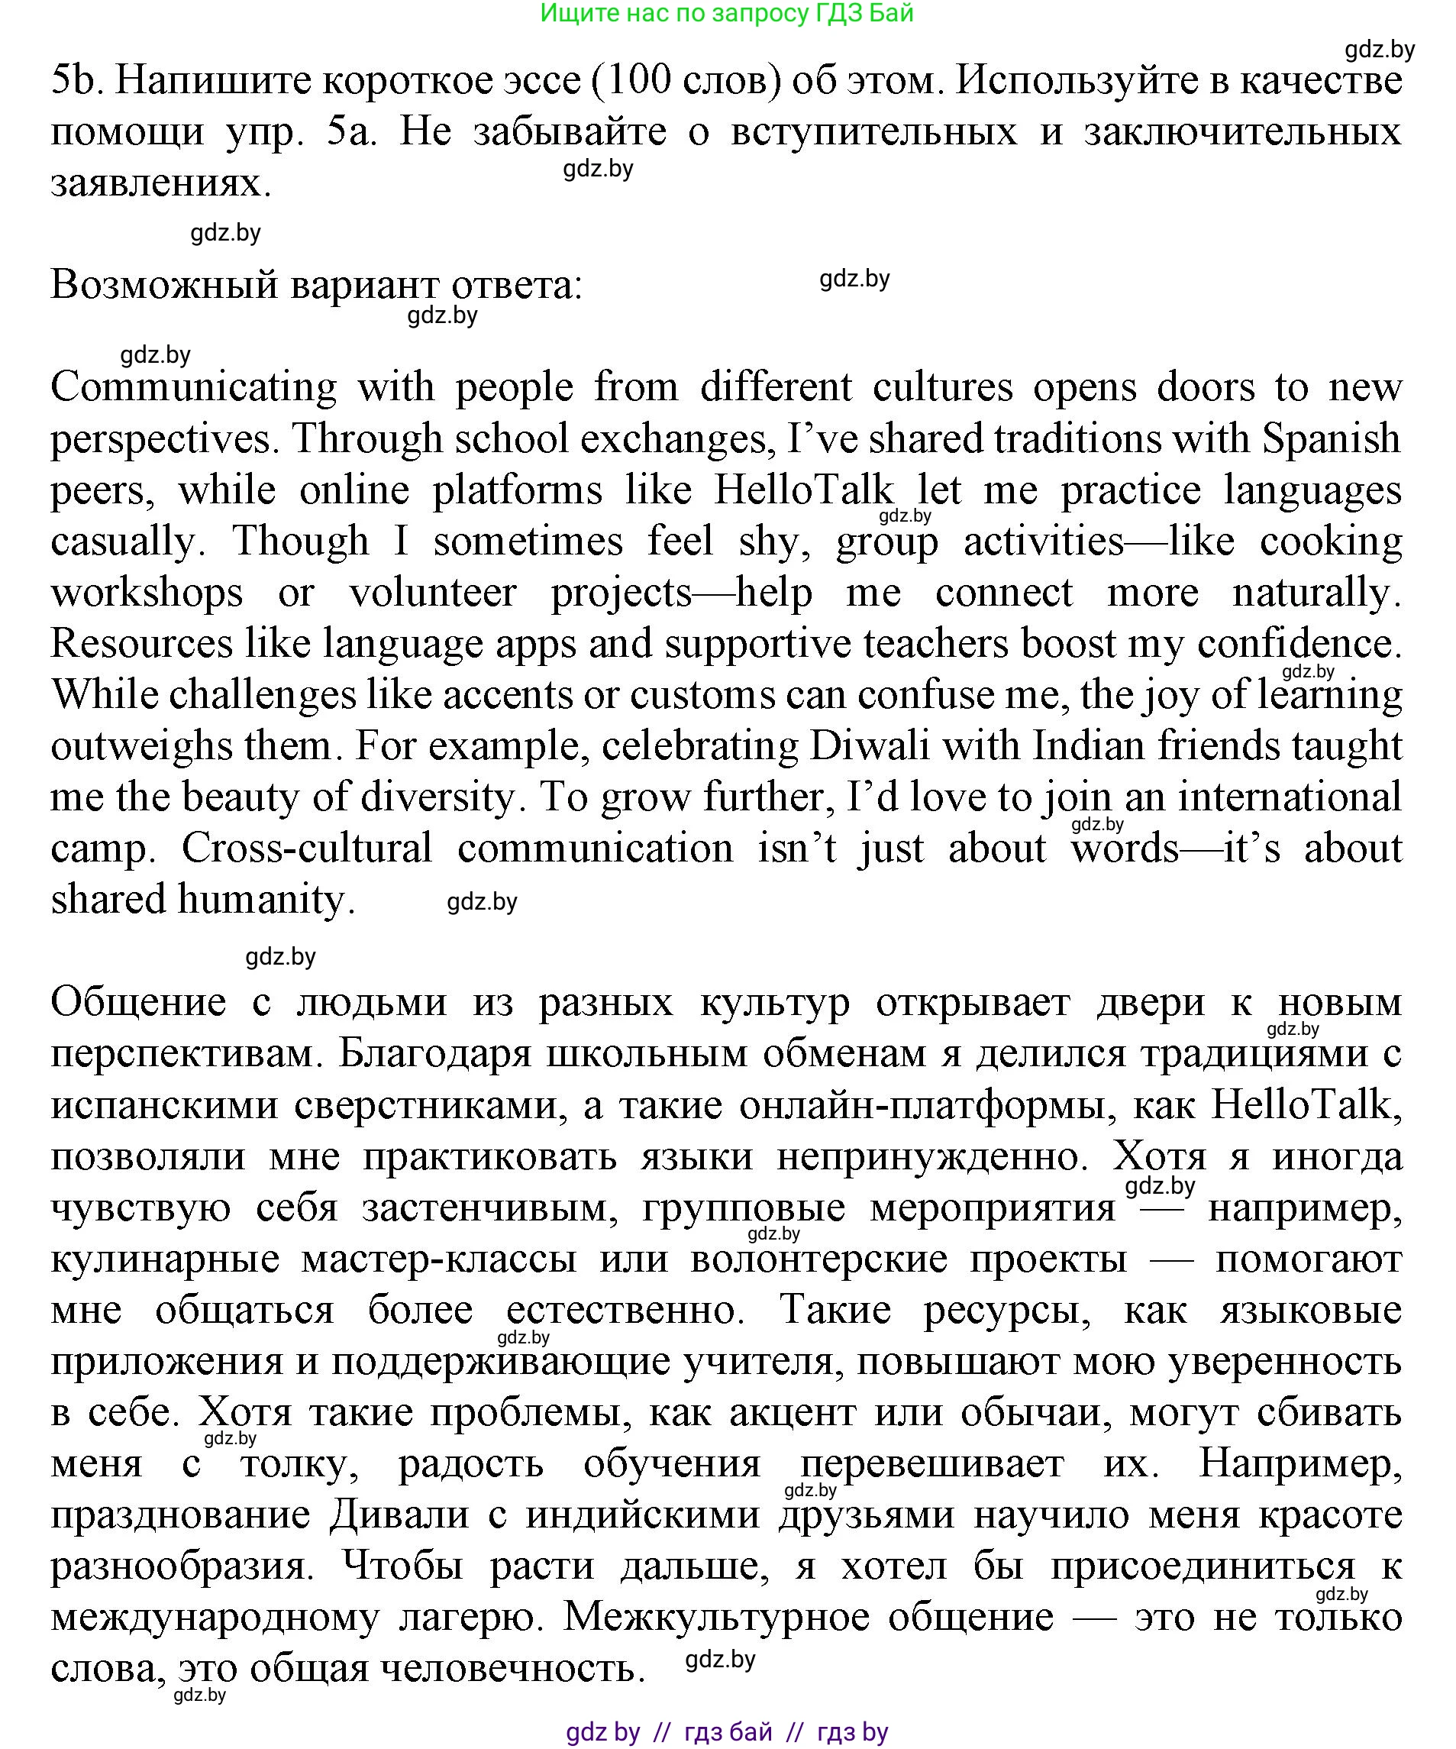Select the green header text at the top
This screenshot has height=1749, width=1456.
[727, 13]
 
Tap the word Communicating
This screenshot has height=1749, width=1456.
[193, 388]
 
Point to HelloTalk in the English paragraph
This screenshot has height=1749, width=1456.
[803, 490]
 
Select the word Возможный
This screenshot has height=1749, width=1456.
[164, 286]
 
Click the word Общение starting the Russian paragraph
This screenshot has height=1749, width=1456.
[138, 1004]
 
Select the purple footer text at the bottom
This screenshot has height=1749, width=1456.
[727, 1733]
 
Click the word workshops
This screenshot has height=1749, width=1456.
[147, 593]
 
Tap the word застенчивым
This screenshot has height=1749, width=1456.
[489, 1208]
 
